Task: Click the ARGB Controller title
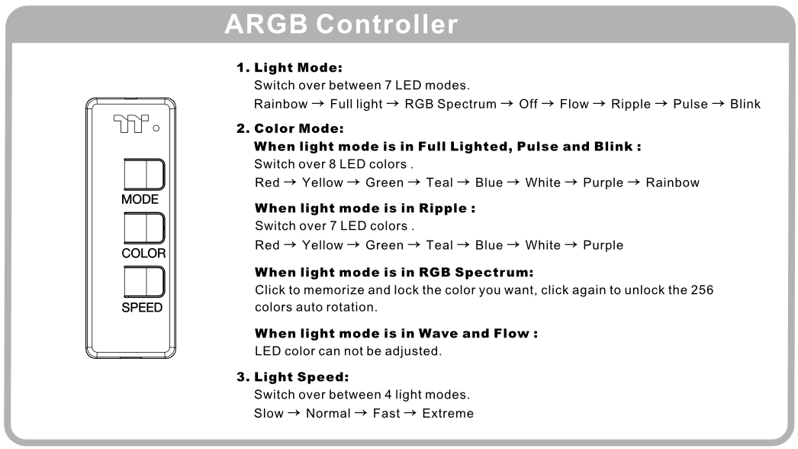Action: click(341, 24)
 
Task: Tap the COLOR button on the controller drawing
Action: click(144, 228)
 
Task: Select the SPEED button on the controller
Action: click(144, 282)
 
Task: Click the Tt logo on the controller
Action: click(130, 124)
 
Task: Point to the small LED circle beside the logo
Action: click(156, 128)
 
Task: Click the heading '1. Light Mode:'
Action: click(289, 67)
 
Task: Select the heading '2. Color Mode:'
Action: click(290, 128)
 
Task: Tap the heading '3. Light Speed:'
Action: click(293, 377)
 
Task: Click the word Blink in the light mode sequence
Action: click(745, 104)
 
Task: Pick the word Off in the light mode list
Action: click(528, 104)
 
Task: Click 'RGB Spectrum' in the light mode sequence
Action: click(450, 104)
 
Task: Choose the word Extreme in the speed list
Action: click(448, 413)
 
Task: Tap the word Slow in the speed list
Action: click(269, 413)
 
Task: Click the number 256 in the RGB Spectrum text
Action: click(702, 290)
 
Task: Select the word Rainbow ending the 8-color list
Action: click(672, 183)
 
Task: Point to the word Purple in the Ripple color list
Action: click(603, 245)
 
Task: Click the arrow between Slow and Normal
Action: click(294, 413)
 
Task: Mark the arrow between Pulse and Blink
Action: click(719, 103)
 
